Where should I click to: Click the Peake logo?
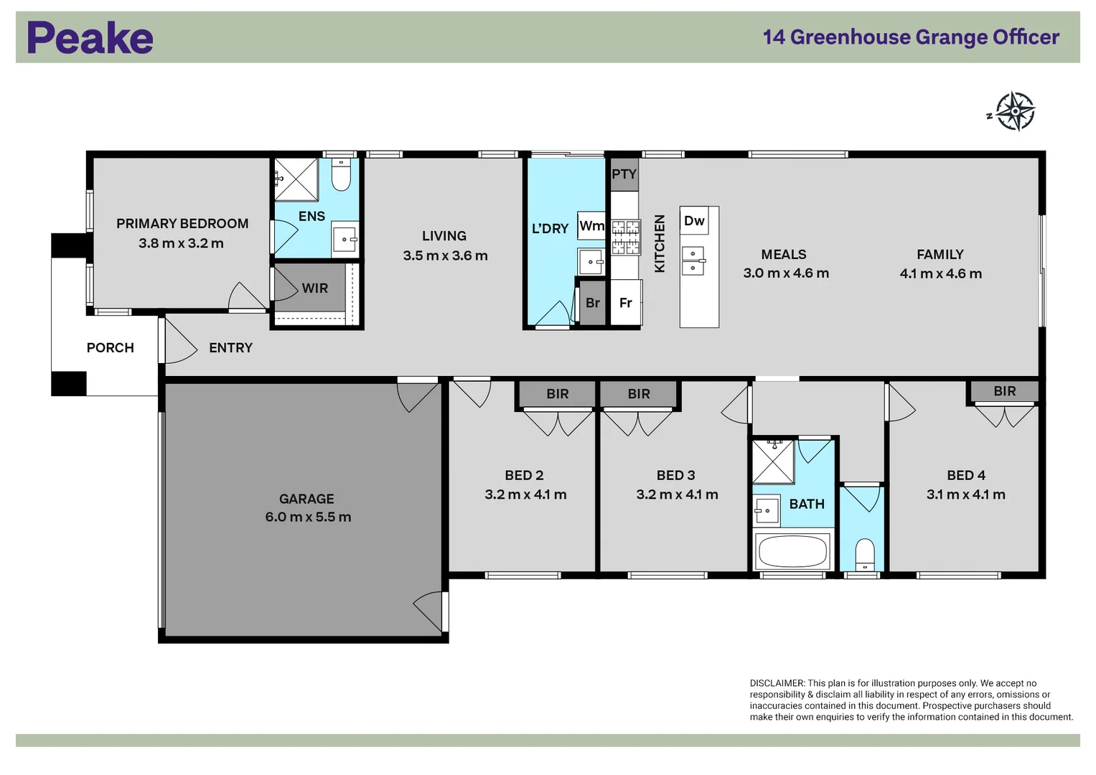tap(90, 37)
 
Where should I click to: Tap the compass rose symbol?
tap(1015, 111)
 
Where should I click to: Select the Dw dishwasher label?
tap(694, 221)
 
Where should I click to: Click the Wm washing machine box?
tap(591, 225)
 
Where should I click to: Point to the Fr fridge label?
tap(625, 303)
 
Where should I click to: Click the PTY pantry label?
tap(624, 174)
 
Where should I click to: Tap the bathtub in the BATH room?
tap(792, 551)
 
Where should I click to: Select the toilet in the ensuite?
tap(341, 174)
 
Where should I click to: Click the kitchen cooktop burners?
tap(625, 238)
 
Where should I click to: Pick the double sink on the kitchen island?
tap(693, 260)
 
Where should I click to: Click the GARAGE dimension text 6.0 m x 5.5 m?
tap(308, 517)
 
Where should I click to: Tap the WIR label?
tap(314, 288)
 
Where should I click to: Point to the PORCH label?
tap(110, 348)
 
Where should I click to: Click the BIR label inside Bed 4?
tap(1005, 391)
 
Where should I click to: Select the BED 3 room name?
tap(675, 475)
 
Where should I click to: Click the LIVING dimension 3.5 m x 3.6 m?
tap(445, 256)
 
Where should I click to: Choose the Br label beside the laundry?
tap(593, 303)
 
